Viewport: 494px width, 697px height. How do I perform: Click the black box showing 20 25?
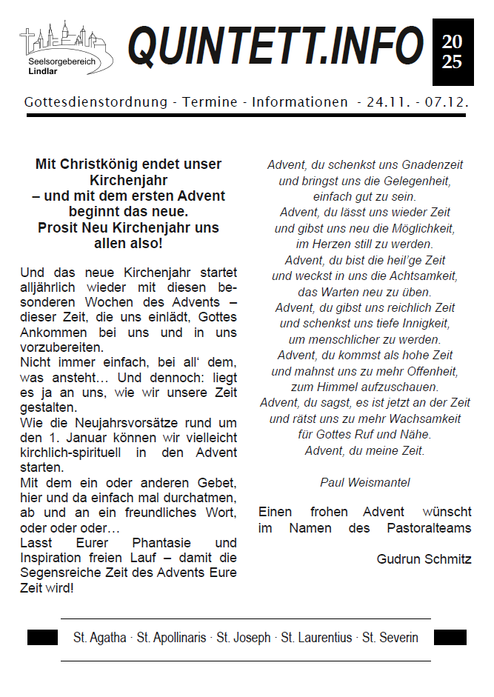click(452, 53)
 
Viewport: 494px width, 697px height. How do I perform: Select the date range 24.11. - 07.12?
click(418, 102)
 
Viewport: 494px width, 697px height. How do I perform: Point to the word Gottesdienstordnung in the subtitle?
click(96, 102)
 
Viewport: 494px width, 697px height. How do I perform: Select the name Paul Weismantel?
click(365, 482)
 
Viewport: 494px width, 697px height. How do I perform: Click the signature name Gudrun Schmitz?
click(424, 559)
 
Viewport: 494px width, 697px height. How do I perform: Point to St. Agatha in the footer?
click(100, 638)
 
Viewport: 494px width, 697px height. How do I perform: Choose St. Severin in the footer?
click(390, 638)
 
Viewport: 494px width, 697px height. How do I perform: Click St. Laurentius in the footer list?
click(316, 638)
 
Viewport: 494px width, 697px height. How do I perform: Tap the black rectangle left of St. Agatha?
click(42, 637)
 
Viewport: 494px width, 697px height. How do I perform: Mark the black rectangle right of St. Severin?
click(450, 637)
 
